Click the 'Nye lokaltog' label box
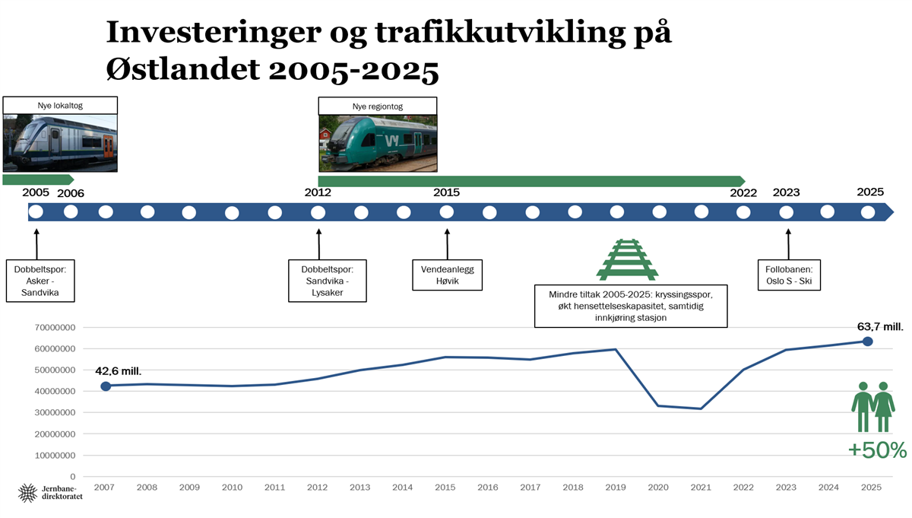(x=60, y=106)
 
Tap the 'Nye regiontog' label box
(x=378, y=106)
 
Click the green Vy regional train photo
(x=378, y=144)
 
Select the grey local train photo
(x=60, y=143)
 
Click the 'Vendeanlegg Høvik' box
(x=447, y=275)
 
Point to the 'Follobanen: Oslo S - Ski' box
(x=789, y=275)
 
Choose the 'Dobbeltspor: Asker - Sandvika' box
(x=40, y=281)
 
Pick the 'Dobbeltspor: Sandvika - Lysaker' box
(x=328, y=281)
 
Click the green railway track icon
(x=628, y=259)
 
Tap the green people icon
(x=873, y=407)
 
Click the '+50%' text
(x=877, y=450)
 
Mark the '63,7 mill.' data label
(x=880, y=327)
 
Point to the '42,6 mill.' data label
(x=118, y=371)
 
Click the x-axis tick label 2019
(x=615, y=488)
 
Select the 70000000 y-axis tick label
(x=55, y=328)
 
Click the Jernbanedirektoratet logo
(x=50, y=493)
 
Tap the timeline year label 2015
(x=446, y=192)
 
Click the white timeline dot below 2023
(x=786, y=212)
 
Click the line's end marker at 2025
(x=867, y=342)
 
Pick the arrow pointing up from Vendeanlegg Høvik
(x=447, y=244)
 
